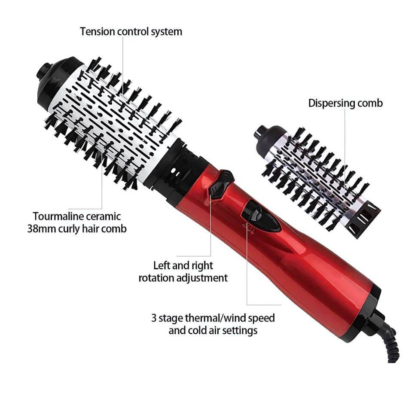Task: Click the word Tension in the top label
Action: point(96,31)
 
